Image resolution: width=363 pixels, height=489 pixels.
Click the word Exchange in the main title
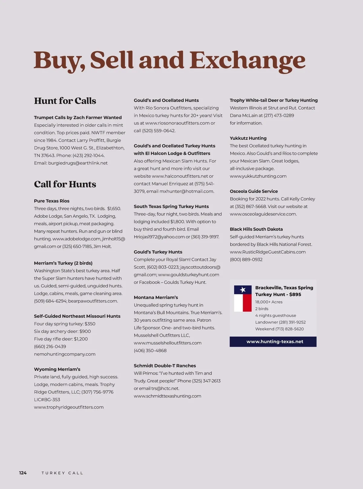pyautogui.click(x=247, y=60)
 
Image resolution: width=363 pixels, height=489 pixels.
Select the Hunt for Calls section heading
pyautogui.click(x=65, y=101)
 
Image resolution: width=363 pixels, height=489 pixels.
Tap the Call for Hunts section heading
pyautogui.click(x=65, y=184)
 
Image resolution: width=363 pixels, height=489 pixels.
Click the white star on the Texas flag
pyautogui.click(x=243, y=290)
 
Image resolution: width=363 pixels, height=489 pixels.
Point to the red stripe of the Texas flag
pyautogui.click(x=247, y=303)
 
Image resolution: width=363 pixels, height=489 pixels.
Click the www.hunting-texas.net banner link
pyautogui.click(x=275, y=342)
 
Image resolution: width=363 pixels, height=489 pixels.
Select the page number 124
pyautogui.click(x=23, y=473)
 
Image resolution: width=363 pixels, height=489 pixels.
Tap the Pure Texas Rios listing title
pyautogui.click(x=52, y=201)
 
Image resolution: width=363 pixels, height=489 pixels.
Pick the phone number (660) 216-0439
pyautogui.click(x=50, y=347)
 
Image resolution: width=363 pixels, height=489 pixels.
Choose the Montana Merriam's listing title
pyautogui.click(x=156, y=297)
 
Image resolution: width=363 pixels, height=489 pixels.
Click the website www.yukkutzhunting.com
pyautogui.click(x=258, y=176)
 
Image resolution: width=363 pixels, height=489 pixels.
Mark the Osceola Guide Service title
pyautogui.click(x=254, y=191)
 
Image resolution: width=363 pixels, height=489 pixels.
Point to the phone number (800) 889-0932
pyautogui.click(x=246, y=260)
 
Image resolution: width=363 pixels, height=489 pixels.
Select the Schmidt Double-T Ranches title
pyautogui.click(x=165, y=366)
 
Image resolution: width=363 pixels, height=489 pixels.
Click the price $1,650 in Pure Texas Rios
pyautogui.click(x=114, y=209)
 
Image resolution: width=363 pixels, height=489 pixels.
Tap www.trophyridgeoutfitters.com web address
pyautogui.click(x=69, y=407)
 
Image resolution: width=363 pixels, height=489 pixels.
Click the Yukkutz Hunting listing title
pyautogui.click(x=248, y=138)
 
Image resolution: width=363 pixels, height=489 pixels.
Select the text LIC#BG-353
pyautogui.click(x=47, y=400)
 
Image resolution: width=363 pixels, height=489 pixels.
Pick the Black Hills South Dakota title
pyautogui.click(x=256, y=229)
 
